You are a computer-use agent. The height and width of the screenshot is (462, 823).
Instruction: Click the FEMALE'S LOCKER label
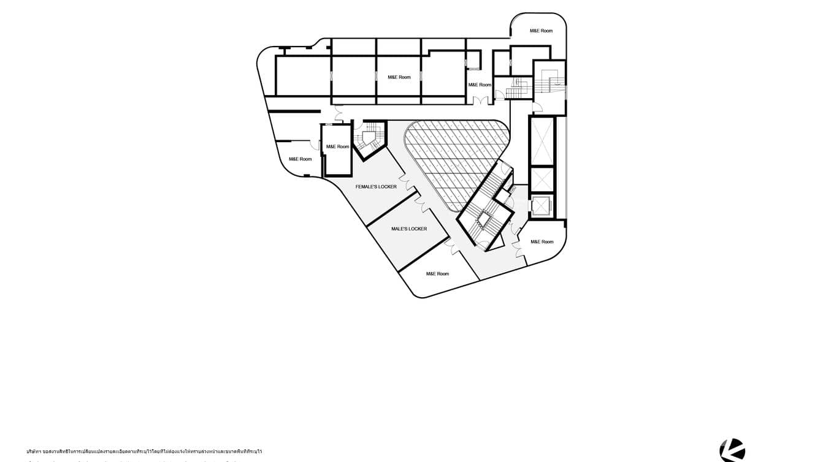coord(376,186)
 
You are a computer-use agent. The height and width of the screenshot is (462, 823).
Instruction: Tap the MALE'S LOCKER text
coord(409,229)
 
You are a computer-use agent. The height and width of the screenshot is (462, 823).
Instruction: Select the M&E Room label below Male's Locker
coord(437,274)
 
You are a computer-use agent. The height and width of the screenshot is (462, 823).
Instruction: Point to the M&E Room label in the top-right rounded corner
coord(541,31)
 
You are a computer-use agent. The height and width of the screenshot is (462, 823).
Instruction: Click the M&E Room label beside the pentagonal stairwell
coord(337,146)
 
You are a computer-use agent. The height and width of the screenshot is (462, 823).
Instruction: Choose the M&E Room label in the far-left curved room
coord(300,159)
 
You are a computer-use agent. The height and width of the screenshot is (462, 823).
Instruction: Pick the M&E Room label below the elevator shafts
coord(542,242)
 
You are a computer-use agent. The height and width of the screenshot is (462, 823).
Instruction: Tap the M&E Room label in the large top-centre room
coord(399,77)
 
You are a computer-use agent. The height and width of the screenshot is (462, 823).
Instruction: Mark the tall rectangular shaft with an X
coord(542,140)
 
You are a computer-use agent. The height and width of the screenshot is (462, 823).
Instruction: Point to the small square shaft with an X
coord(542,180)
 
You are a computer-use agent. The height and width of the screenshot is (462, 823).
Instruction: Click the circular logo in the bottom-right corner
coord(732,450)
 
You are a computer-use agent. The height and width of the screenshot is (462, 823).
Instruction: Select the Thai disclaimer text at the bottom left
coord(144,452)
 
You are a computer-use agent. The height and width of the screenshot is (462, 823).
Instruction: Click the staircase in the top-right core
coord(549,82)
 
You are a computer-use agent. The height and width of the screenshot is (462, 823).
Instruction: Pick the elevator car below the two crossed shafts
coord(541,206)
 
